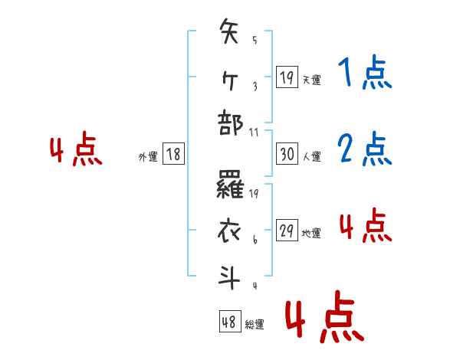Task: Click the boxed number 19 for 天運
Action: (287, 77)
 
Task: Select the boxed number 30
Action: (287, 155)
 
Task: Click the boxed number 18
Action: (173, 155)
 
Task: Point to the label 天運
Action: (311, 79)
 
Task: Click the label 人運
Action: (311, 156)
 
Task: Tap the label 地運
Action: (311, 233)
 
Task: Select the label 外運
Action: (147, 156)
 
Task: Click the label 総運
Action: (255, 324)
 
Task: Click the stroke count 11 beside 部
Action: (255, 132)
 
